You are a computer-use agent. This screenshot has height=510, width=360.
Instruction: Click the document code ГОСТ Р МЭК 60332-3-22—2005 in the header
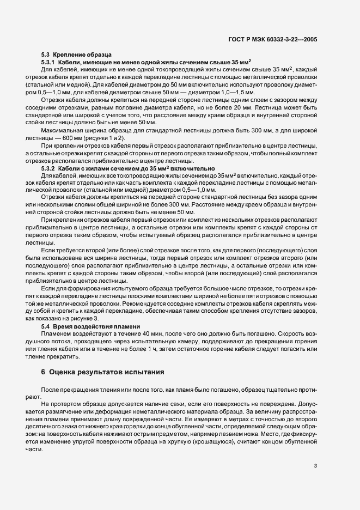coord(279,39)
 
